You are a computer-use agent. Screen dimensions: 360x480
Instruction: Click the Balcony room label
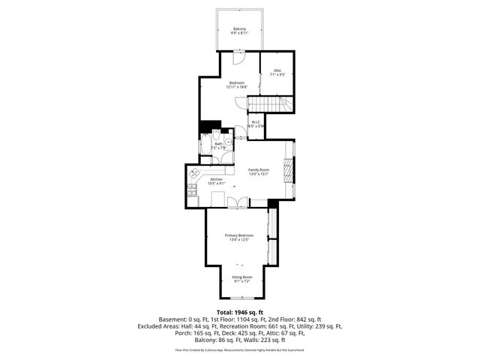coord(240,30)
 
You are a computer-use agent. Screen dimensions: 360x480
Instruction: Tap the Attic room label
coord(277,73)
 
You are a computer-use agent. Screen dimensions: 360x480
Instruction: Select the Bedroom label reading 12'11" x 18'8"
coord(237,85)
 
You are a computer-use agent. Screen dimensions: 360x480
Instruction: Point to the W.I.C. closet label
coord(257,124)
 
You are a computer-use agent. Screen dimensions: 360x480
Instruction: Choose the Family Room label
coord(259,172)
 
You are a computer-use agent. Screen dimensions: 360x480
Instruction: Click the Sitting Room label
coord(241,279)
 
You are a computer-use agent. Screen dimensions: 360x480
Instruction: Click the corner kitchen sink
coord(193,173)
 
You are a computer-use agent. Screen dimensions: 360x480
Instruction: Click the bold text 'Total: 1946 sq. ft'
coord(240,311)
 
